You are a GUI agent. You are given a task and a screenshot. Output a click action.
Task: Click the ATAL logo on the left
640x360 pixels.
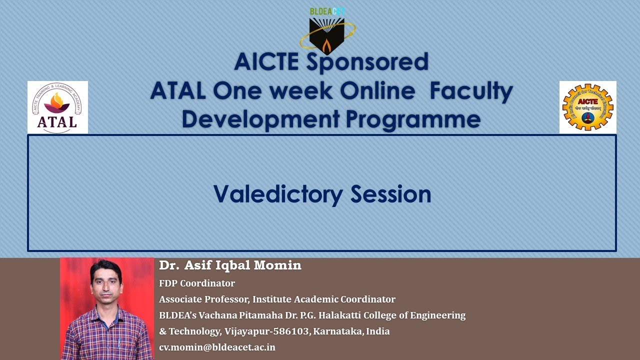pos(57,107)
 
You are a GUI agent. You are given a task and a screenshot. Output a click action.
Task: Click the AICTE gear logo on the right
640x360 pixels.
pos(587,107)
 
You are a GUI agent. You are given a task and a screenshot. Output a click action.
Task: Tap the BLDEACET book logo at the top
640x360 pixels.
pos(327,33)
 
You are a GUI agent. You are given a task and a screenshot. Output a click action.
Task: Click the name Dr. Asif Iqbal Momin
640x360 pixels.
pos(230,265)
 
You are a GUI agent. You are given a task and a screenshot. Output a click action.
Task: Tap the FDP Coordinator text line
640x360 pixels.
pos(197,283)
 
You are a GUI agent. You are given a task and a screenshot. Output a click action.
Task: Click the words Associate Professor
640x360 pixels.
pos(203,299)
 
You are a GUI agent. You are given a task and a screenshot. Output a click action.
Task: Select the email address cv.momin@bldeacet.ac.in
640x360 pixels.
pos(217,347)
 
